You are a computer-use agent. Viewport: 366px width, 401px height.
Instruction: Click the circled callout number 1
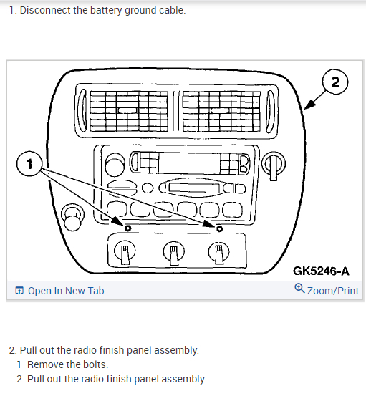tap(29, 164)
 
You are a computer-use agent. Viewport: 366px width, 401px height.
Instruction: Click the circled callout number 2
tap(335, 82)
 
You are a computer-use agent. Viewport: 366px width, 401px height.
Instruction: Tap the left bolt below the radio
tap(128, 228)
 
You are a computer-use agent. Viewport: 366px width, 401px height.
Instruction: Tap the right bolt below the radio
tap(219, 228)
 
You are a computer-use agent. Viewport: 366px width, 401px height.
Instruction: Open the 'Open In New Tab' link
tap(59, 291)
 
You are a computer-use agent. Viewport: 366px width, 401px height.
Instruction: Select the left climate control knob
tap(125, 251)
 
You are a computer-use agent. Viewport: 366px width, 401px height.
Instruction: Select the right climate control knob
tap(218, 252)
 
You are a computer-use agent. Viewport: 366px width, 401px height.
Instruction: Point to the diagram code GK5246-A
tap(321, 271)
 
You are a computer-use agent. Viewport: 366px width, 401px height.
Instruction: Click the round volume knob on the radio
tap(115, 165)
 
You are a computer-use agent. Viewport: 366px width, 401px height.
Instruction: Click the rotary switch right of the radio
tap(274, 165)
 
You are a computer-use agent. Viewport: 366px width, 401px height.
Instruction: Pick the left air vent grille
tap(129, 111)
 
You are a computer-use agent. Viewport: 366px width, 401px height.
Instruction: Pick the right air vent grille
tap(221, 112)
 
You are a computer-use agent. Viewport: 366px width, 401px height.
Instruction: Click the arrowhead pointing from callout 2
tap(309, 105)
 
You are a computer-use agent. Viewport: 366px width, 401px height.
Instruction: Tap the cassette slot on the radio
tap(193, 188)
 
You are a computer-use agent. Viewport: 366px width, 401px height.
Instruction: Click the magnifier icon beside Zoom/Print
tap(299, 288)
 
